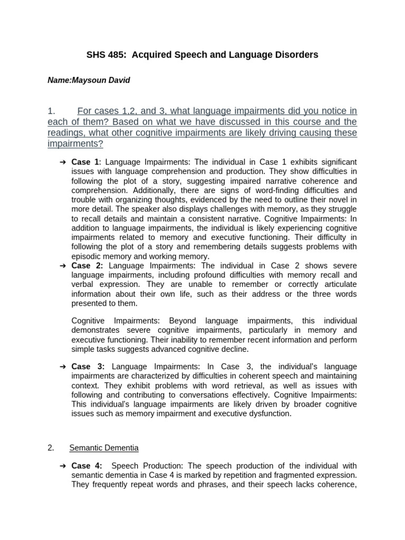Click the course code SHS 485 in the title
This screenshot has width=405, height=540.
click(x=104, y=55)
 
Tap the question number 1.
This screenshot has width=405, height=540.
click(x=51, y=111)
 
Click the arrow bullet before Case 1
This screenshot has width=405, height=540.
click(x=63, y=161)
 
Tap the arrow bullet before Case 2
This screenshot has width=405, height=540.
click(x=63, y=265)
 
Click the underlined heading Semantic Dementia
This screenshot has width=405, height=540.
click(x=104, y=448)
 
